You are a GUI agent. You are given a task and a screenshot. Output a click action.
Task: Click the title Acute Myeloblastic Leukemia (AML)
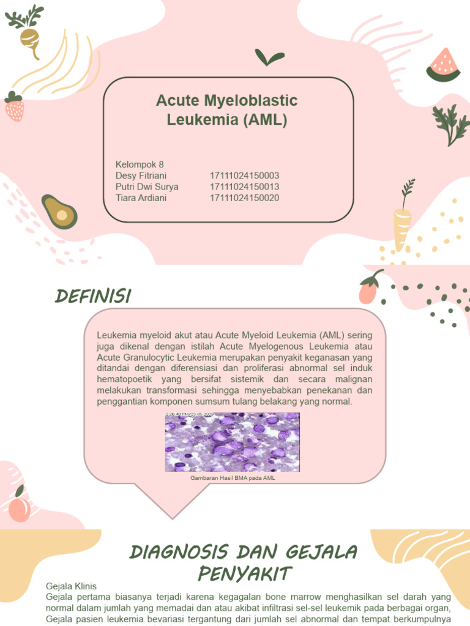(227, 110)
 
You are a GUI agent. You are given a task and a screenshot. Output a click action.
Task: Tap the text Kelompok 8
(140, 164)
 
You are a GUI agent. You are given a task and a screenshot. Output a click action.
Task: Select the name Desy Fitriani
(141, 175)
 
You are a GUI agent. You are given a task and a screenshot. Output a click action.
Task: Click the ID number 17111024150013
(244, 186)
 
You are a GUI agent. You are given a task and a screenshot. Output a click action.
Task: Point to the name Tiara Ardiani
(141, 198)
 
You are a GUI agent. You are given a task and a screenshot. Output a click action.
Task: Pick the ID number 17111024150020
(244, 198)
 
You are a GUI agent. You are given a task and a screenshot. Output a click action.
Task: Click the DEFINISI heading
(93, 296)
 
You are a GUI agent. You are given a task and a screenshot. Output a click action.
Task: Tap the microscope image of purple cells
(233, 441)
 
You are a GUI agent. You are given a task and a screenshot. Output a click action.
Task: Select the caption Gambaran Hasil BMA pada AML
(233, 478)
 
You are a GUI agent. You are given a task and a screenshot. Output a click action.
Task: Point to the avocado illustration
(59, 212)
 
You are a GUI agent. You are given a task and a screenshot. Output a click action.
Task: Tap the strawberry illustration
(14, 107)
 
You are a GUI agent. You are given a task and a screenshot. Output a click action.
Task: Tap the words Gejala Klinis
(71, 586)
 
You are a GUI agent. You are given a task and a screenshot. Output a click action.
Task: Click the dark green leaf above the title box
(269, 58)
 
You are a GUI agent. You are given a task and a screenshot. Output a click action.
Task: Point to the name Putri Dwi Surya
(147, 186)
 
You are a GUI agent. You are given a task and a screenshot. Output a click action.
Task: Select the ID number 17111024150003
(244, 175)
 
